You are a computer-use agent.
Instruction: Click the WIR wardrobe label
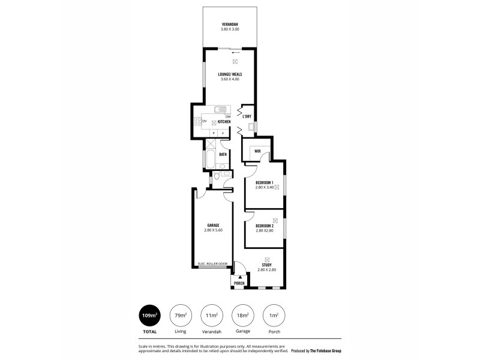click(257, 151)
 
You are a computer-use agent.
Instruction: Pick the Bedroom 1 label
click(265, 182)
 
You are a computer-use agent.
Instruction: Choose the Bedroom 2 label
click(265, 226)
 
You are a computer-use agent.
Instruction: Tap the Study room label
click(266, 265)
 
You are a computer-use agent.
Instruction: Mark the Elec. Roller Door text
click(213, 263)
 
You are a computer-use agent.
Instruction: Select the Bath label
click(223, 154)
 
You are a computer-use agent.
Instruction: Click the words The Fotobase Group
click(325, 350)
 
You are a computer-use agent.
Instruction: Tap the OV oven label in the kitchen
click(205, 122)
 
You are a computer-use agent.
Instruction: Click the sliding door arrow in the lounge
click(235, 52)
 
